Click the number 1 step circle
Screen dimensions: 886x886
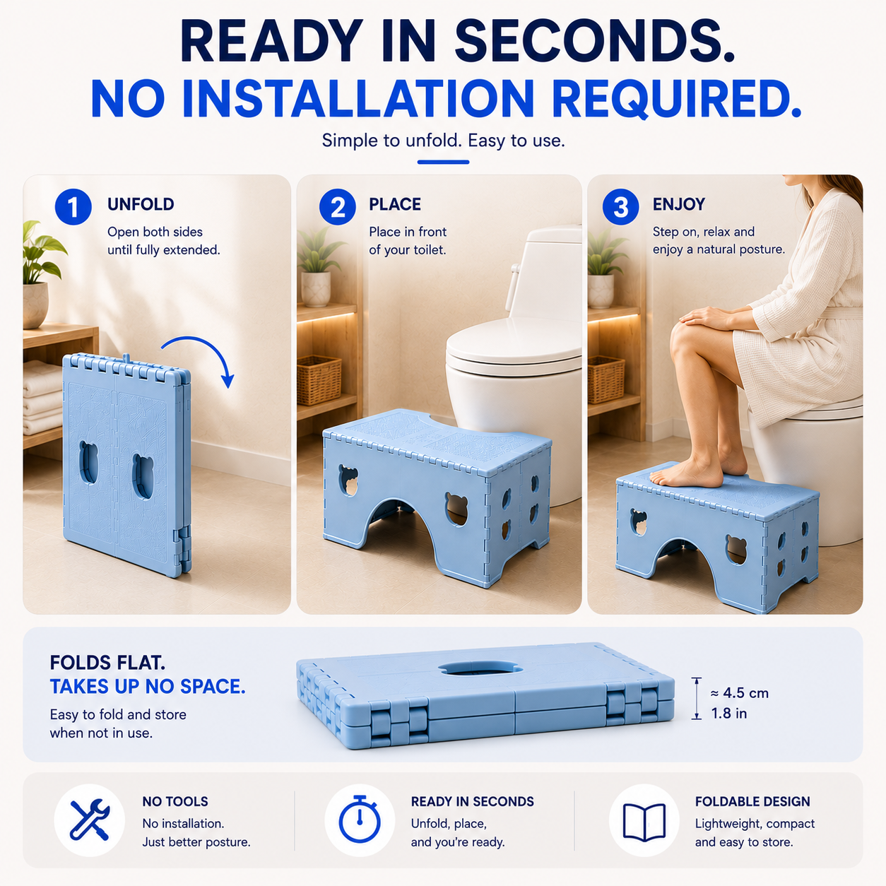click(x=73, y=207)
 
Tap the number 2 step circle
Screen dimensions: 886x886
click(x=338, y=207)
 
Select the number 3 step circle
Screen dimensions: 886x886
click(x=621, y=207)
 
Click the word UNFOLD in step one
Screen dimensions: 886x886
click(x=141, y=204)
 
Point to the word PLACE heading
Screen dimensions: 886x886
click(x=395, y=204)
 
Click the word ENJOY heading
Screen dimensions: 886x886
click(x=679, y=204)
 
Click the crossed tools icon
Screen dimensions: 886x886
click(x=90, y=820)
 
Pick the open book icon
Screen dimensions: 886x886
click(x=644, y=822)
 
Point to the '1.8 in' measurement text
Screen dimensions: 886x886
click(x=728, y=713)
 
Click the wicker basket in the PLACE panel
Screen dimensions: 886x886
click(x=319, y=379)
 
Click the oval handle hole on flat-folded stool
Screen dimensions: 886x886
click(x=480, y=668)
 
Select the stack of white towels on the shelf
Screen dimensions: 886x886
click(x=42, y=398)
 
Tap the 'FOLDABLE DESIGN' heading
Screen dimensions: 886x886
click(x=752, y=801)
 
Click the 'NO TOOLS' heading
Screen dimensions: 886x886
click(x=175, y=801)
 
